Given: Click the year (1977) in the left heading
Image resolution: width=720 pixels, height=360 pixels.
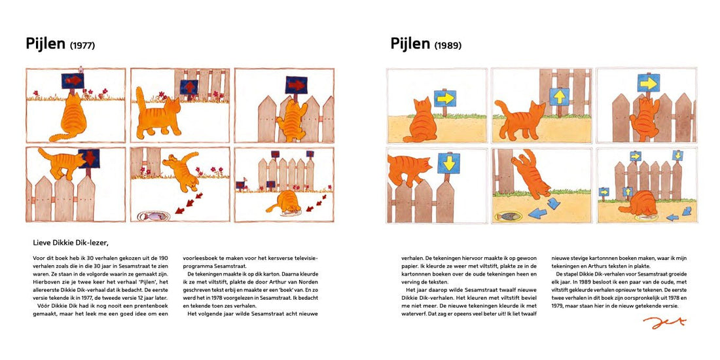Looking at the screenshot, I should (x=82, y=46).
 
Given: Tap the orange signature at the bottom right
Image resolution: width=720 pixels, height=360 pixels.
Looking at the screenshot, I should (x=664, y=322).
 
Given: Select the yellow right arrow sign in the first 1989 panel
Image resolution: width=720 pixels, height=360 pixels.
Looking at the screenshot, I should (x=445, y=98).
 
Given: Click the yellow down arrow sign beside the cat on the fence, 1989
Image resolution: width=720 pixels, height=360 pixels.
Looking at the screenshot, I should (x=448, y=162).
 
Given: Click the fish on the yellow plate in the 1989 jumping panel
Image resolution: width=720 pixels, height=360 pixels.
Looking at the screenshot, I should (x=509, y=215).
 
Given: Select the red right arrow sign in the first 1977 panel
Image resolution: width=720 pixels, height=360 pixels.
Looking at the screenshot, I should (x=73, y=81).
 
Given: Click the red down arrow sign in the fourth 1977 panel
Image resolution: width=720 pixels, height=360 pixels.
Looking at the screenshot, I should (x=88, y=159).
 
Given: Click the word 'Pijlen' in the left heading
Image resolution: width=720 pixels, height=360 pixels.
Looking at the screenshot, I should (x=45, y=44).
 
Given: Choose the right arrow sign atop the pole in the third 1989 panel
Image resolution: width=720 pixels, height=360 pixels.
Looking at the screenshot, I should (x=648, y=82).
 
